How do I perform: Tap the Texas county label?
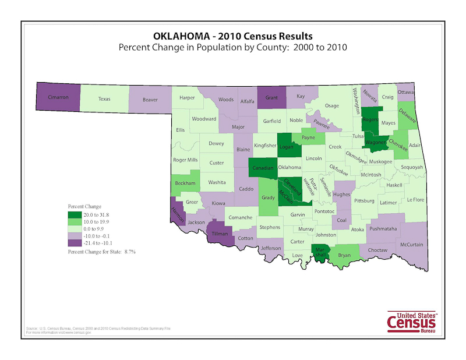click(x=104, y=98)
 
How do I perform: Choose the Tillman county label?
click(x=220, y=233)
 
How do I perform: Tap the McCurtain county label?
click(x=411, y=245)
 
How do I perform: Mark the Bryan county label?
click(x=345, y=255)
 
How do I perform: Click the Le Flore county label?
click(x=415, y=199)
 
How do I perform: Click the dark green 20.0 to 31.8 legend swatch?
click(x=73, y=214)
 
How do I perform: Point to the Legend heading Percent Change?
click(x=84, y=206)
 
